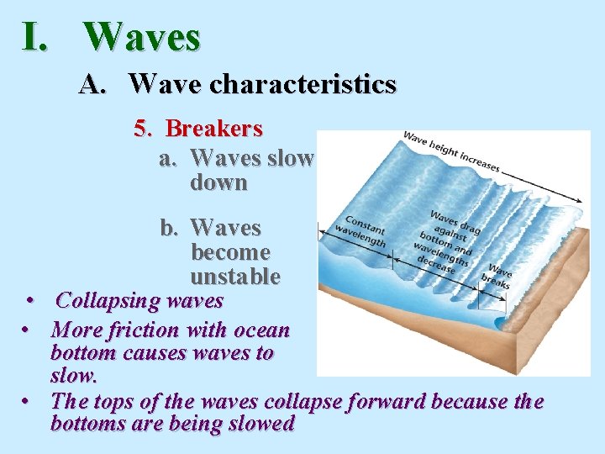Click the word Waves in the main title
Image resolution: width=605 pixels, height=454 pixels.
click(x=142, y=37)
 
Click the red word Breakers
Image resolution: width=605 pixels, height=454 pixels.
click(x=214, y=129)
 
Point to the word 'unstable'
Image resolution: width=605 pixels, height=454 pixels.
click(x=235, y=276)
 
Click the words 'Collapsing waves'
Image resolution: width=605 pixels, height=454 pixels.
click(x=139, y=300)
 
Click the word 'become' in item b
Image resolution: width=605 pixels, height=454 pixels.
click(x=230, y=252)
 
